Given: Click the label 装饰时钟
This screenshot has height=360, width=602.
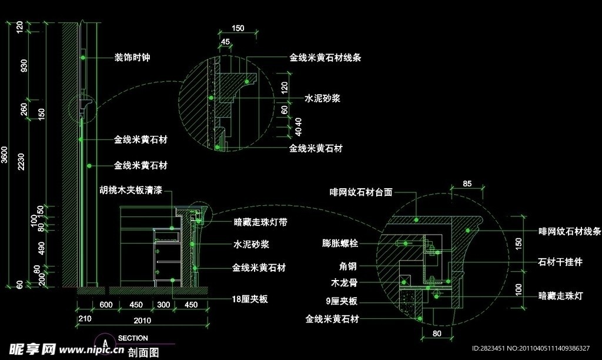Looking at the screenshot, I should click(133, 58).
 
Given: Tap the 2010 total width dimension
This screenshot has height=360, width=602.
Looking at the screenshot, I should click(142, 321).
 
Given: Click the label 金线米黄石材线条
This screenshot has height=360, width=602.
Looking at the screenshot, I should click(325, 58).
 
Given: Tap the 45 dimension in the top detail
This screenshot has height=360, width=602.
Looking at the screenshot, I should click(226, 41).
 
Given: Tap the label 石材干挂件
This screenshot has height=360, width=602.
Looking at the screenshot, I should click(560, 262).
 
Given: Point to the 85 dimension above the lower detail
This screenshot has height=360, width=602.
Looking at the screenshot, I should click(467, 184).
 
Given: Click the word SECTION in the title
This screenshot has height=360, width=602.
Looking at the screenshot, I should click(133, 338).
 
